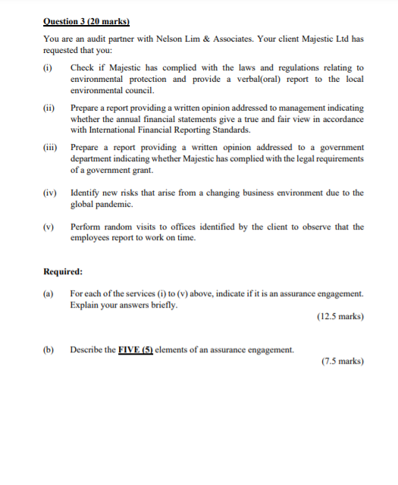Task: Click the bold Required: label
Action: (x=63, y=271)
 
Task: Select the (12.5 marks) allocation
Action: (x=339, y=317)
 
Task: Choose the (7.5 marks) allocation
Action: (x=342, y=361)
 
